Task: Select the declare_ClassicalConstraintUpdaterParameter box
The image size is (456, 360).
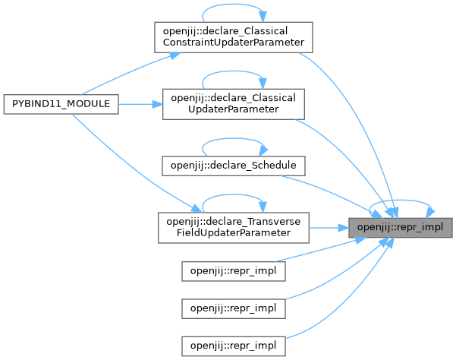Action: click(x=234, y=36)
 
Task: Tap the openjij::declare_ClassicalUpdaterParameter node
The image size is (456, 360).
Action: click(x=234, y=104)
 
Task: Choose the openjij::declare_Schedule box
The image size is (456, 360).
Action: click(x=234, y=164)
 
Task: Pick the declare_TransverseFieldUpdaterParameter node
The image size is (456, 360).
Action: click(x=234, y=226)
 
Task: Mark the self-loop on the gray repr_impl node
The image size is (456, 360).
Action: click(x=402, y=201)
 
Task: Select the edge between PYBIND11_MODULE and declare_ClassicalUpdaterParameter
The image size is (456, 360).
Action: click(x=140, y=104)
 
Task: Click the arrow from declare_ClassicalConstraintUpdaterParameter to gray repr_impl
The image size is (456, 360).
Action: click(x=349, y=114)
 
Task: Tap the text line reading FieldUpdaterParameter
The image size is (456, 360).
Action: click(x=234, y=232)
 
